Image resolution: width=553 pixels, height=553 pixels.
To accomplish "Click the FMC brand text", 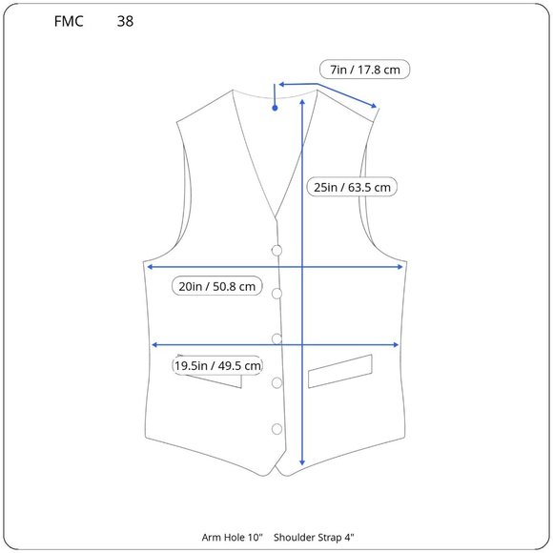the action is [x=69, y=21].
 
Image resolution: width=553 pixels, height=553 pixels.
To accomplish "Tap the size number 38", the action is [x=125, y=21].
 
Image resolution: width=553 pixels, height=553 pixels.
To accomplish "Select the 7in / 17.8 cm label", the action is [x=364, y=70].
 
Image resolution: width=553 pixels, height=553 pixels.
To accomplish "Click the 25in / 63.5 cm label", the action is [x=352, y=187].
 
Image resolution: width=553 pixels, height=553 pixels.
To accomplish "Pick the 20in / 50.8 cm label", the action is [x=216, y=286].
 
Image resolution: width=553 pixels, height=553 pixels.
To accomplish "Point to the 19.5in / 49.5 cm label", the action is [x=217, y=365].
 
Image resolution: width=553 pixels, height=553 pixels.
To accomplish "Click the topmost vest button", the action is [x=276, y=251].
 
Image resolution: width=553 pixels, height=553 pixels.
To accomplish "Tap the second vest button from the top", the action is [x=276, y=294].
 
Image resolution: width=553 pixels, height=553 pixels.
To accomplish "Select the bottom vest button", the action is [x=276, y=429].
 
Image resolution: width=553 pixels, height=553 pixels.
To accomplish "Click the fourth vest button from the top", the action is [x=276, y=383].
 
